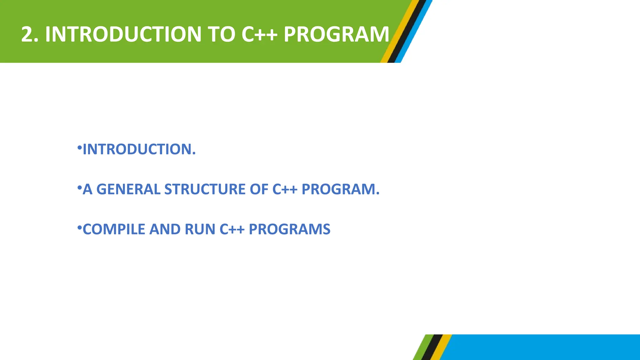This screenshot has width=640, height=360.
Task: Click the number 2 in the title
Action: [x=27, y=34]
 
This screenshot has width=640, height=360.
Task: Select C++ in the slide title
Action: [x=259, y=34]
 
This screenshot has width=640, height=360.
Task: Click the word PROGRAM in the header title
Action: [x=336, y=34]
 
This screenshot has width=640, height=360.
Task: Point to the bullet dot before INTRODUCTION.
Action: [x=79, y=147]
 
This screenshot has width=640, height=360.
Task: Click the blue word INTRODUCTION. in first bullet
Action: [x=139, y=149]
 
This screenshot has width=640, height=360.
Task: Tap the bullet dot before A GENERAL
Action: [x=79, y=187]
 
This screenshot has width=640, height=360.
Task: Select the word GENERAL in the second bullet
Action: [x=128, y=189]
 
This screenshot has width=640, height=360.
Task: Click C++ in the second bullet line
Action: [x=285, y=189]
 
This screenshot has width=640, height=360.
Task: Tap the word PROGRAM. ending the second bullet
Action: [x=340, y=189]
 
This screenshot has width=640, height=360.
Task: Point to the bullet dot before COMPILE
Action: [x=79, y=227]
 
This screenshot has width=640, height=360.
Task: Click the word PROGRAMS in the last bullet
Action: [x=289, y=229]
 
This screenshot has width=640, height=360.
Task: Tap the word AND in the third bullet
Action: [x=165, y=229]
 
